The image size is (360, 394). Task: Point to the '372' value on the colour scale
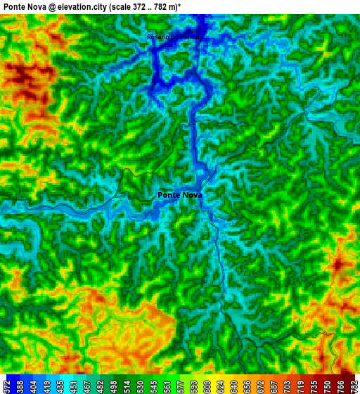coord(6,386)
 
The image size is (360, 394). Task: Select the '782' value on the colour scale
coord(353,386)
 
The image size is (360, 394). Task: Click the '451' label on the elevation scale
coord(73,386)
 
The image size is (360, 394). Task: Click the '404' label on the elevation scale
coord(29,386)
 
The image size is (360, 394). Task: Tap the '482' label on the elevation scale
coord(95,386)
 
